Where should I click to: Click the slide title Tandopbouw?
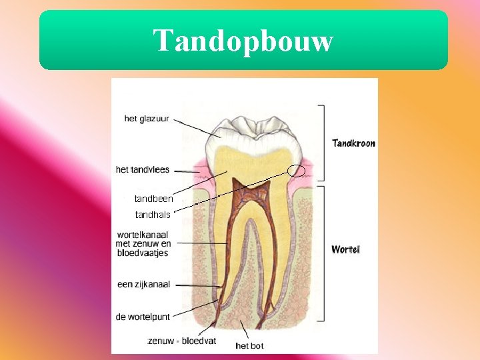[243, 41]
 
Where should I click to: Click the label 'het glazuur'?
[147, 119]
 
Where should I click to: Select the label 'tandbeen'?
[153, 199]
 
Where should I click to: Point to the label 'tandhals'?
[153, 215]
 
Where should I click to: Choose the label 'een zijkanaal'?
[143, 284]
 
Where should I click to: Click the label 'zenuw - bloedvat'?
[182, 341]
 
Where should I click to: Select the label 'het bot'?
[249, 345]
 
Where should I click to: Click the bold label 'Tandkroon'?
[353, 143]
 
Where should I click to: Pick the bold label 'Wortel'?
[345, 249]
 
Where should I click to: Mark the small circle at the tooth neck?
[297, 171]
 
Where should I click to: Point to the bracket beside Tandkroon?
[323, 143]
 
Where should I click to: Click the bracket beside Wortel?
[323, 253]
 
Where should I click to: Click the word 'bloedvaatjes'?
[143, 253]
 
